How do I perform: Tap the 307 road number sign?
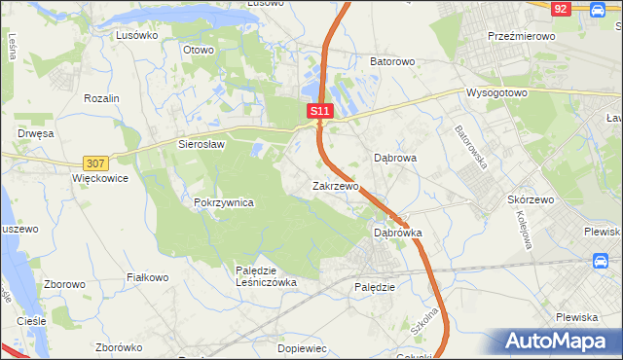pos(95,163)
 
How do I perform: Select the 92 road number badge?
pos(560,8)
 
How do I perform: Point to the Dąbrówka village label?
pos(398,234)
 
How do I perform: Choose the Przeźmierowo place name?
pos(521,35)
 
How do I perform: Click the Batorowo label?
pos(392,61)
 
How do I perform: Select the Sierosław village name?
pos(202,144)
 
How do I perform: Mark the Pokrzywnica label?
pos(224,202)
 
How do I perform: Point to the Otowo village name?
pos(198,48)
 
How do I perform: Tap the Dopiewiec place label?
pos(301,347)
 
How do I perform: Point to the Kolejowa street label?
pos(521,230)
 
